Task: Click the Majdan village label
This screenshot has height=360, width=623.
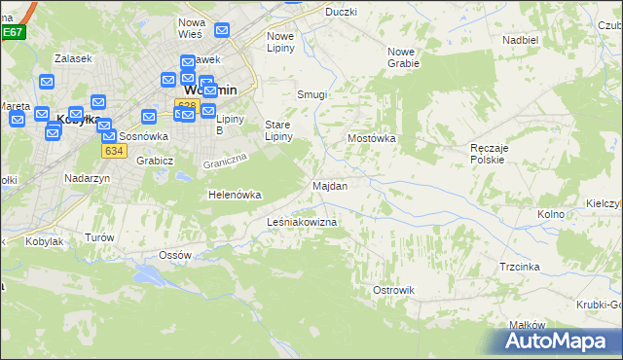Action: [329, 185]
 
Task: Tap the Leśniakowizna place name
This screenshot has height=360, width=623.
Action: [302, 223]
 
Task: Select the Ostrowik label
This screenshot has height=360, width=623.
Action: [393, 290]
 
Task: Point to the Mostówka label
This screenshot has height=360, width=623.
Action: [372, 139]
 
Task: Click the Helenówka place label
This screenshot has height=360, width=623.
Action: [235, 195]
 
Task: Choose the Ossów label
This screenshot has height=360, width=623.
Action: [174, 255]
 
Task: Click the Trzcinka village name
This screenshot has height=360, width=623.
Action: [520, 267]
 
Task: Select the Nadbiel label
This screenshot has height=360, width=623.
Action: [520, 40]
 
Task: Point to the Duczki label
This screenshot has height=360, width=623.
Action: [341, 12]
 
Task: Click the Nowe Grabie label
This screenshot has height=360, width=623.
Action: [403, 57]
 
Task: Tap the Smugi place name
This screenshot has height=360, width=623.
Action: [311, 95]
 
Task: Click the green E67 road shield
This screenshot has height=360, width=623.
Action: [12, 32]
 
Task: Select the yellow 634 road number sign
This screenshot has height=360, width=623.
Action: [114, 151]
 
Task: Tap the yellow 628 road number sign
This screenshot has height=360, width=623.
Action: [187, 104]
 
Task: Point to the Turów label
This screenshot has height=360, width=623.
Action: [99, 237]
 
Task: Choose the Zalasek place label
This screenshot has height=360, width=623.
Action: [73, 58]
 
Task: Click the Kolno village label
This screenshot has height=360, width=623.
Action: [551, 213]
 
